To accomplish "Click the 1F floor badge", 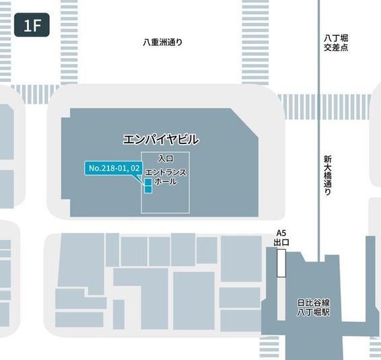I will click(32, 26).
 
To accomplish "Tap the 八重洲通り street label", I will click(162, 42).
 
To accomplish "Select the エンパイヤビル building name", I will click(161, 139).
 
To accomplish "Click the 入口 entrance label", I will click(166, 158).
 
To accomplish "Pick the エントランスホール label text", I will click(166, 177).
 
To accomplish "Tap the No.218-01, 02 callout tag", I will click(114, 168).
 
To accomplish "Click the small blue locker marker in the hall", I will click(148, 186).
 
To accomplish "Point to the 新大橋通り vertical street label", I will click(327, 176).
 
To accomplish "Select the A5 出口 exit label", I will click(281, 238).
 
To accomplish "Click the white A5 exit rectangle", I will click(281, 262).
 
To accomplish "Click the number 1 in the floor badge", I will click(28, 26).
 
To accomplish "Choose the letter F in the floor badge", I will click(36, 26).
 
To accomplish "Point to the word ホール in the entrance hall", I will click(166, 182).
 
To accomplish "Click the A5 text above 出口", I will click(281, 233).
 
